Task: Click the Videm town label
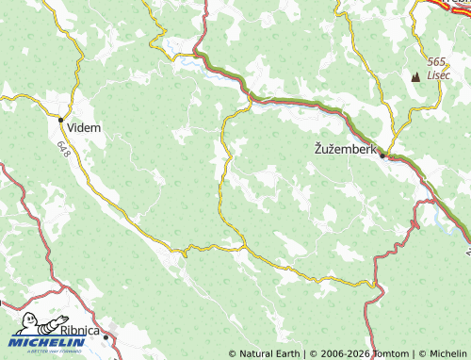(85, 126)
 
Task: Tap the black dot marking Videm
(61, 120)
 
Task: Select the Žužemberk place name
(344, 149)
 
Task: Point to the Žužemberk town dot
(382, 155)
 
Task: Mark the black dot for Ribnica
(106, 335)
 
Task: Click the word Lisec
(439, 75)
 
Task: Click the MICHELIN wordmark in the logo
(48, 343)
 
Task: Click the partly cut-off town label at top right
(459, 4)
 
